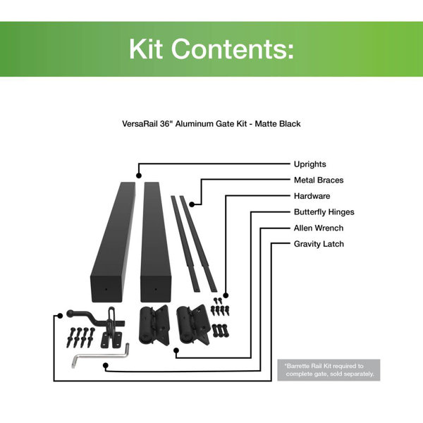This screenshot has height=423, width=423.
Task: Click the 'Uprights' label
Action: tap(309, 164)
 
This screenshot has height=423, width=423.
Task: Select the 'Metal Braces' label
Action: tap(319, 180)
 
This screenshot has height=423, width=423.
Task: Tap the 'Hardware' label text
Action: tap(312, 196)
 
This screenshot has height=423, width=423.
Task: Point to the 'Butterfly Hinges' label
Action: tap(324, 212)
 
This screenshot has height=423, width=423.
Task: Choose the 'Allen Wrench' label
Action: tap(319, 228)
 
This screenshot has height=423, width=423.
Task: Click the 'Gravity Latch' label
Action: tap(319, 244)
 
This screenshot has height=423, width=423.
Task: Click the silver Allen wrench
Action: tap(100, 356)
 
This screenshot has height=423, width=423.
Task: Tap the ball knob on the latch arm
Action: tap(70, 314)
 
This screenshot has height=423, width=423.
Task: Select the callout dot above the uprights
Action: tap(139, 176)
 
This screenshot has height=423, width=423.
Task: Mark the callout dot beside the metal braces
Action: tap(192, 204)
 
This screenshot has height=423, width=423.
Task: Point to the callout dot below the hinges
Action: tap(176, 350)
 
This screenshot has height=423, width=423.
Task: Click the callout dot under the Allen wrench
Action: tap(106, 366)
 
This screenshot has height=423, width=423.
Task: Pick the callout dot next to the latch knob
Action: tap(61, 316)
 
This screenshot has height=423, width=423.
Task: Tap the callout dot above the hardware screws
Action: tap(226, 295)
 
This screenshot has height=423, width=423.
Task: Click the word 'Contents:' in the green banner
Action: tap(232, 49)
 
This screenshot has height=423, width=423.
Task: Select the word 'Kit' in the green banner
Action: tap(146, 49)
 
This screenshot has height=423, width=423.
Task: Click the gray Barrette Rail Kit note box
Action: tap(329, 370)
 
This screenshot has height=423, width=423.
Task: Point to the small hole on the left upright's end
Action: tap(106, 289)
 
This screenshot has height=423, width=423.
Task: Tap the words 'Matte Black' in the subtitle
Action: tap(278, 124)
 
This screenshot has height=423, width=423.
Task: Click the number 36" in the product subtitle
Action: tap(166, 124)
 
